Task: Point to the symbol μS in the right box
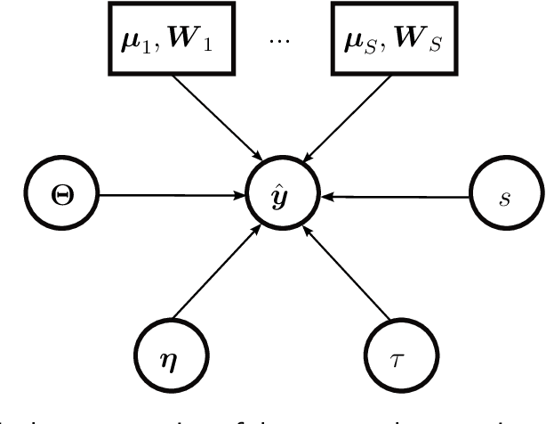pyautogui.click(x=360, y=44)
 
